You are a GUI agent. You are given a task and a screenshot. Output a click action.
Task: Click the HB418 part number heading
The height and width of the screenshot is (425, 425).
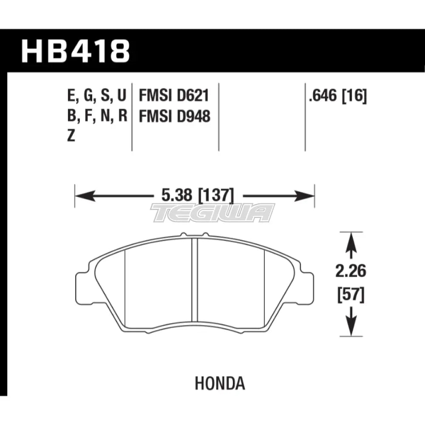pos(75,51)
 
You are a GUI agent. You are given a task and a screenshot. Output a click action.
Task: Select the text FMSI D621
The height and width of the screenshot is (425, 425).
pos(174,95)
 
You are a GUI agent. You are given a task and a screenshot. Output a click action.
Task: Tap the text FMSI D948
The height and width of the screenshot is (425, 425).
pos(175,116)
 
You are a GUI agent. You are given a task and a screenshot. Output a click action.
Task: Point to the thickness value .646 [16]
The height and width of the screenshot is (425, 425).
pos(338,96)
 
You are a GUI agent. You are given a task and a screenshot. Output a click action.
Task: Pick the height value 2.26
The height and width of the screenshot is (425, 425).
pos(351,271)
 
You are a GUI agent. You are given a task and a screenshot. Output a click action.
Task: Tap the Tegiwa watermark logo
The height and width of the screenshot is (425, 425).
pos(212,213)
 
